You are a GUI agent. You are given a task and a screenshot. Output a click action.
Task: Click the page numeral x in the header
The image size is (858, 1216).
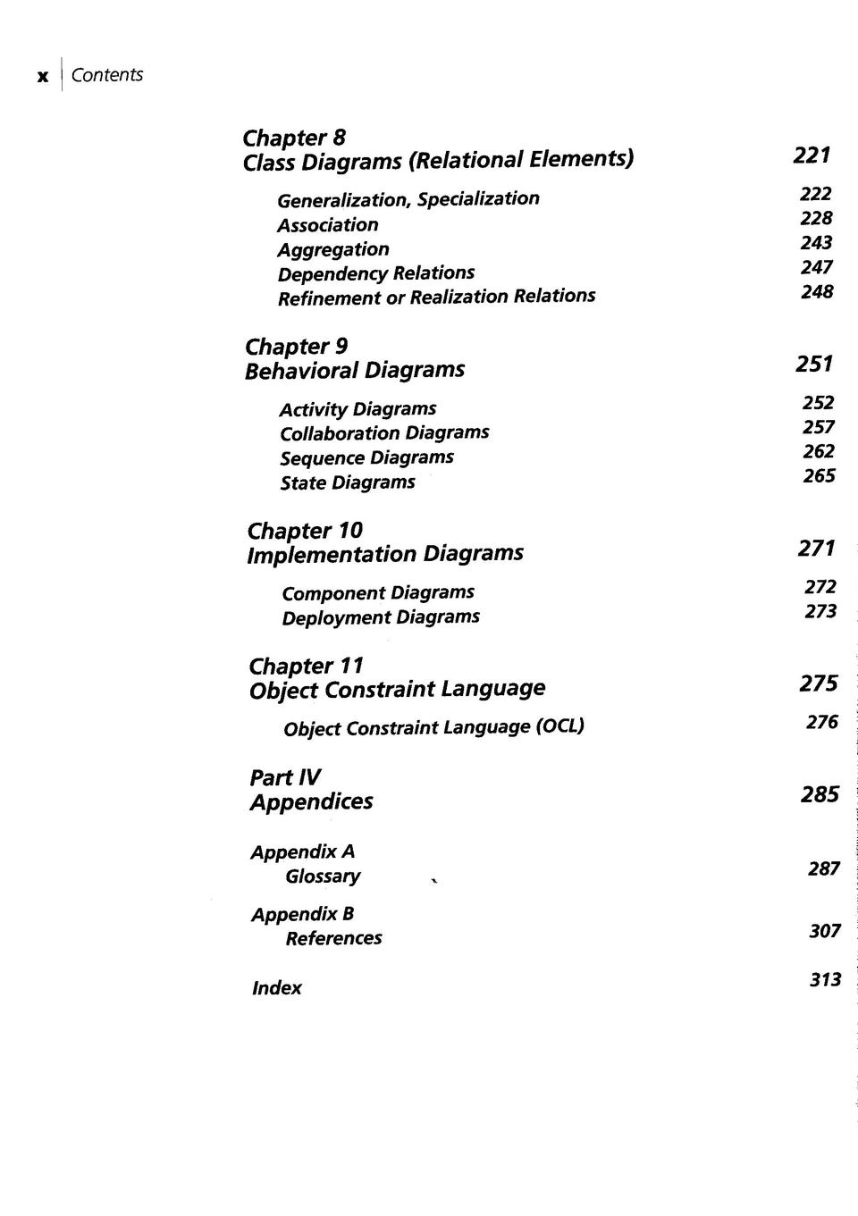pyautogui.click(x=42, y=77)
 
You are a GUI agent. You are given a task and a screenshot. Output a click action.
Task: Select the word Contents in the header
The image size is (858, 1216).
pyautogui.click(x=106, y=75)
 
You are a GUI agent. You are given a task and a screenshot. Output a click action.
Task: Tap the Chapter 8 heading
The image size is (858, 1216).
pyautogui.click(x=294, y=138)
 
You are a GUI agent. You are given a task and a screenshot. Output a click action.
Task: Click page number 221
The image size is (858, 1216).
pyautogui.click(x=812, y=155)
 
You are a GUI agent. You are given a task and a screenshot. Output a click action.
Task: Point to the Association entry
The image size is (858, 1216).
pyautogui.click(x=327, y=225)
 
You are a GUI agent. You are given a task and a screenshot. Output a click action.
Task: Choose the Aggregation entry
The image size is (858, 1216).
pyautogui.click(x=332, y=249)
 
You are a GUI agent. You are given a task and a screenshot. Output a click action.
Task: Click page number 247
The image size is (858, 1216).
pyautogui.click(x=817, y=267)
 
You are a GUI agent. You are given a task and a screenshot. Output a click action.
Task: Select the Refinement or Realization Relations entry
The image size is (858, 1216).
pyautogui.click(x=436, y=297)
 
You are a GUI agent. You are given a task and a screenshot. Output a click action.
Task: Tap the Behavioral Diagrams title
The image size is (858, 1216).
pyautogui.click(x=355, y=370)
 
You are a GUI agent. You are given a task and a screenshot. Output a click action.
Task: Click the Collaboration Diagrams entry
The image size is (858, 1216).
pyautogui.click(x=384, y=433)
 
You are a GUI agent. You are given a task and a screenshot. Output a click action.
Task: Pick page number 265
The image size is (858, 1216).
pyautogui.click(x=819, y=476)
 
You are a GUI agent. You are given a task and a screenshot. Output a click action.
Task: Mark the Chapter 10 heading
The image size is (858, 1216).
pyautogui.click(x=305, y=531)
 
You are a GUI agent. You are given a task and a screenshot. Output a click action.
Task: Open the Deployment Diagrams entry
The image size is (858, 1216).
pyautogui.click(x=381, y=617)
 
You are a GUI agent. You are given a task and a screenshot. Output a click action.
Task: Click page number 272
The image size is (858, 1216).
pyautogui.click(x=820, y=587)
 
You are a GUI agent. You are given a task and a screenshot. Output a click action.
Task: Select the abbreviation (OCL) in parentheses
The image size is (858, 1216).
pyautogui.click(x=559, y=726)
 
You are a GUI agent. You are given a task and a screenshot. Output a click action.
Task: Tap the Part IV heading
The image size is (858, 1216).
pyautogui.click(x=284, y=777)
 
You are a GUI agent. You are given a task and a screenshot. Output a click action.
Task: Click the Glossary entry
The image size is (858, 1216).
pyautogui.click(x=323, y=876)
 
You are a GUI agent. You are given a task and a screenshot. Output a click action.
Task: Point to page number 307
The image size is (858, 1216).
pyautogui.click(x=825, y=931)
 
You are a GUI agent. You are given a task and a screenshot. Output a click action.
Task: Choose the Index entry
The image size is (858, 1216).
pyautogui.click(x=276, y=988)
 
